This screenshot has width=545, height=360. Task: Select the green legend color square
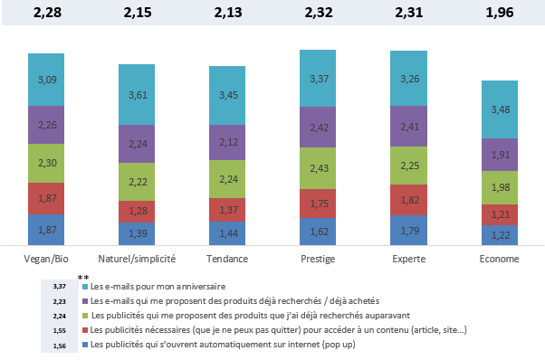83,316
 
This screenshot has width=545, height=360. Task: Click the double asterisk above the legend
82,277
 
